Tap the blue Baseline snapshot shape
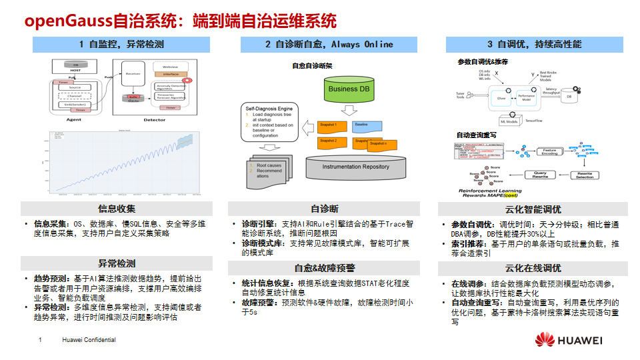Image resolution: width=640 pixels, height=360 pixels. coord(369,126)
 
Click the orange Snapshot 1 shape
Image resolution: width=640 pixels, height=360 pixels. coord(331,126)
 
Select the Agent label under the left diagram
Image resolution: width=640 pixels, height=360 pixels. coord(75,120)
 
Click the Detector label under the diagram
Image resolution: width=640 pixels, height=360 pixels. coord(155,120)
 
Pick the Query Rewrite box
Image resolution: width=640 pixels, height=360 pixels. coord(540,175)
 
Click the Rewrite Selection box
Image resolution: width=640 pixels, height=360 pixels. coord(585,175)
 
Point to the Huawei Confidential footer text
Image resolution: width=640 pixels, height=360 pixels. coord(89,340)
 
